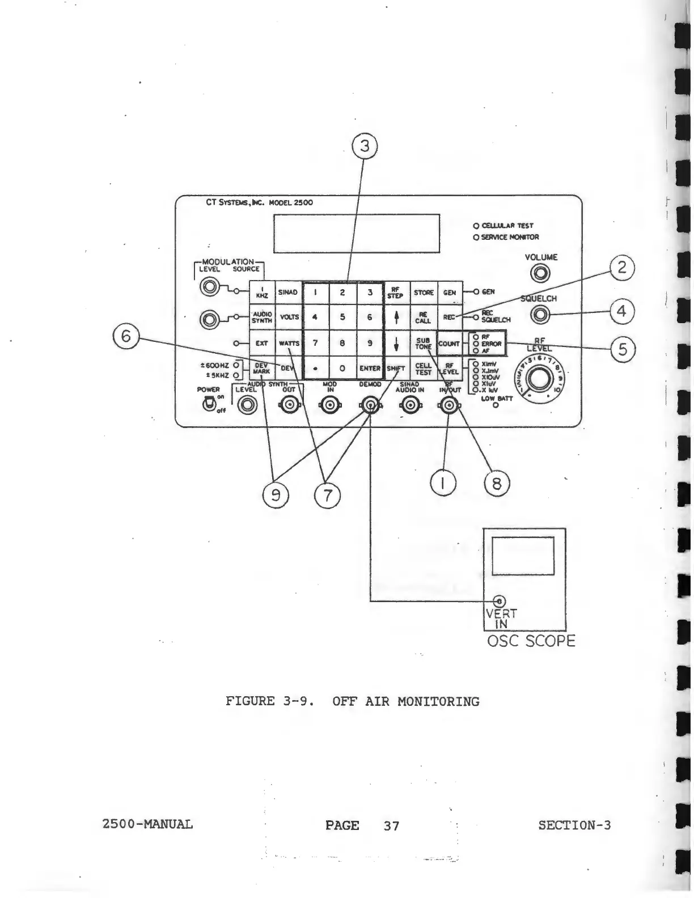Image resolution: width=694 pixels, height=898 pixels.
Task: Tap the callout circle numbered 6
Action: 126,336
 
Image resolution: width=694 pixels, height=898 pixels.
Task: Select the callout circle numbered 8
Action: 497,484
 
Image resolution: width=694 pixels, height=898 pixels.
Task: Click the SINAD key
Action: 288,293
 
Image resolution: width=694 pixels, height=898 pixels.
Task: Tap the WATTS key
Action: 289,344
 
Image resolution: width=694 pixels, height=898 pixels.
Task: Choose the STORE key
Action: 423,293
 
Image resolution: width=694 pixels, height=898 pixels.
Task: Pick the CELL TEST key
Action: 423,369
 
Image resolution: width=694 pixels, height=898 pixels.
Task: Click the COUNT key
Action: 449,344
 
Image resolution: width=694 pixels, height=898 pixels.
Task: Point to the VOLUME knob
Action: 541,274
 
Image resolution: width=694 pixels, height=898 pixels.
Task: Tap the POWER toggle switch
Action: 209,403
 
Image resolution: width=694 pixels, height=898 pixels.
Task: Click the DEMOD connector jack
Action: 370,405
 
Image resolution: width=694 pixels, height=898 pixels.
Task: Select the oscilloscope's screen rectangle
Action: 523,556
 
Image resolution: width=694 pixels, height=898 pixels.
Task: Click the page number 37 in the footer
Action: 391,826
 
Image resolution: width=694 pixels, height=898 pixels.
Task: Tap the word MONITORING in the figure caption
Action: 438,701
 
